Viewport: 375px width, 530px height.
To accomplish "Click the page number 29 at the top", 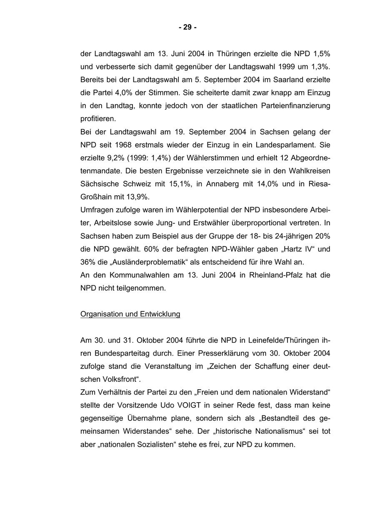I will [x=187, y=27].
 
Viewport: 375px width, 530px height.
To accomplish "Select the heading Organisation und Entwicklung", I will [x=130, y=314].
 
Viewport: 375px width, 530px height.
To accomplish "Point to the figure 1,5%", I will [x=321, y=54].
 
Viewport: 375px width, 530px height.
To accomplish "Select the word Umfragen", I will [x=97, y=210].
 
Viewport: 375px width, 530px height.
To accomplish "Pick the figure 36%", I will [x=88, y=262].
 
